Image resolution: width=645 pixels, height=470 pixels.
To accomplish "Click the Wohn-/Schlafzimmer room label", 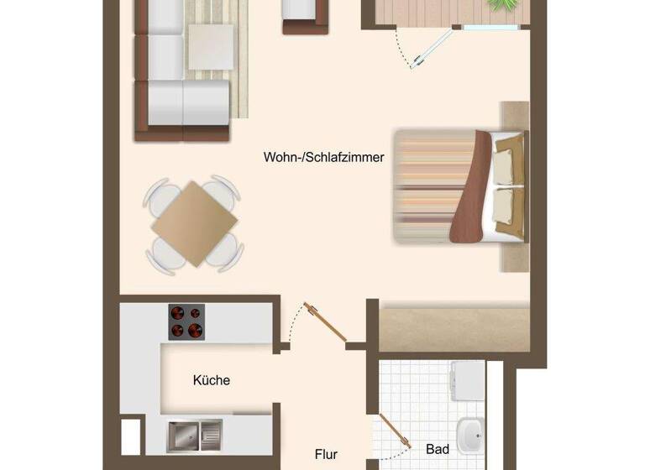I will [x=323, y=157].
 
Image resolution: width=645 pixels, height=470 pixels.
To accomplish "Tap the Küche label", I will [x=212, y=380].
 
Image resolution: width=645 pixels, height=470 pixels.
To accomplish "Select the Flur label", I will [x=326, y=454].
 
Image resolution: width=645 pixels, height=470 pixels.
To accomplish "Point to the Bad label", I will [x=438, y=450].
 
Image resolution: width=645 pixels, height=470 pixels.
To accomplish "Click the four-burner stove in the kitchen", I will [x=186, y=321].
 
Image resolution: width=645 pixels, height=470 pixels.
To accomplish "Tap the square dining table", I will [x=194, y=224].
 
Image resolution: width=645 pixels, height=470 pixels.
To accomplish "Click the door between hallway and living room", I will [x=325, y=322].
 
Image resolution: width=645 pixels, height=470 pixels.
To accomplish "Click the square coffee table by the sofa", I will [x=210, y=46].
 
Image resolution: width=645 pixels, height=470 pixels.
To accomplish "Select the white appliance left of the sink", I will [x=131, y=436].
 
